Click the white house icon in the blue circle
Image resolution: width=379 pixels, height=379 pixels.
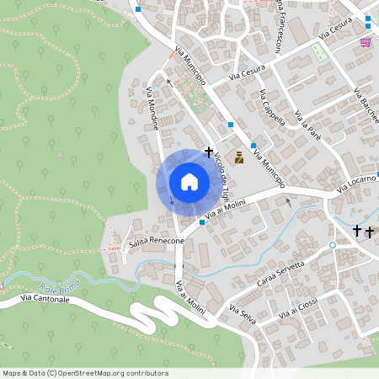pyautogui.click(x=189, y=182)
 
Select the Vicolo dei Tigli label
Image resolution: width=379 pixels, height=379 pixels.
pyautogui.click(x=220, y=168)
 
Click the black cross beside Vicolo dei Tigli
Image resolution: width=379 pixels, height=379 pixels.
pyautogui.click(x=208, y=149)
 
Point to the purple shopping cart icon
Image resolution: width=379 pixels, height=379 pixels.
pyautogui.click(x=366, y=42)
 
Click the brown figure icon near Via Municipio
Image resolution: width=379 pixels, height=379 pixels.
pyautogui.click(x=238, y=157)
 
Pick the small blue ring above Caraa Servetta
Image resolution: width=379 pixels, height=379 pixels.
pyautogui.click(x=333, y=245)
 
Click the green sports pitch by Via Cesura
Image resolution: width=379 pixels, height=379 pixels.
pyautogui.click(x=318, y=52)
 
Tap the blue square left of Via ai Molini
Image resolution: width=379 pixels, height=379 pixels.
pyautogui.click(x=201, y=223)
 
